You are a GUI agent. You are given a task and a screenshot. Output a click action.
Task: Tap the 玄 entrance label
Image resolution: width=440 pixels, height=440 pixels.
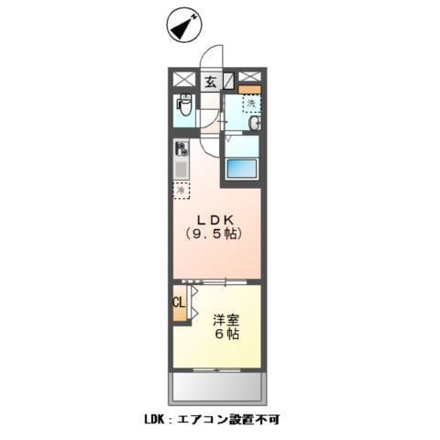(x=210, y=82)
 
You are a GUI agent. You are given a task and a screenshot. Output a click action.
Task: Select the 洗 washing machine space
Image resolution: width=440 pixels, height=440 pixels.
(x=250, y=104)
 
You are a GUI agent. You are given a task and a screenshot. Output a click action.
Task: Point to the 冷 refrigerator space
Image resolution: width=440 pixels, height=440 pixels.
(x=181, y=190)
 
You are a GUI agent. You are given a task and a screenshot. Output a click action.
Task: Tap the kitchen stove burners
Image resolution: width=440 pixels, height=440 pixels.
(x=181, y=148)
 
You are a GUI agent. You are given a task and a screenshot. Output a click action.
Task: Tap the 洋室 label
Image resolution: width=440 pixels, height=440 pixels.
(x=227, y=320)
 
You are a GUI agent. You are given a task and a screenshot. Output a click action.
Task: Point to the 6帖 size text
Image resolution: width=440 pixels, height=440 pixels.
(x=227, y=335)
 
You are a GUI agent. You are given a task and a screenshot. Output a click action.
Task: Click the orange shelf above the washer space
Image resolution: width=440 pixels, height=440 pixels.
(x=250, y=89)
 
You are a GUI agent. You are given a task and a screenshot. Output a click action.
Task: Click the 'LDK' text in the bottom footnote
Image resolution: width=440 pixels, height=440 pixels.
(x=154, y=420)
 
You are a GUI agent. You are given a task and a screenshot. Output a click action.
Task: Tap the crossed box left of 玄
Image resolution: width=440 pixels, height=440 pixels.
(x=182, y=81)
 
